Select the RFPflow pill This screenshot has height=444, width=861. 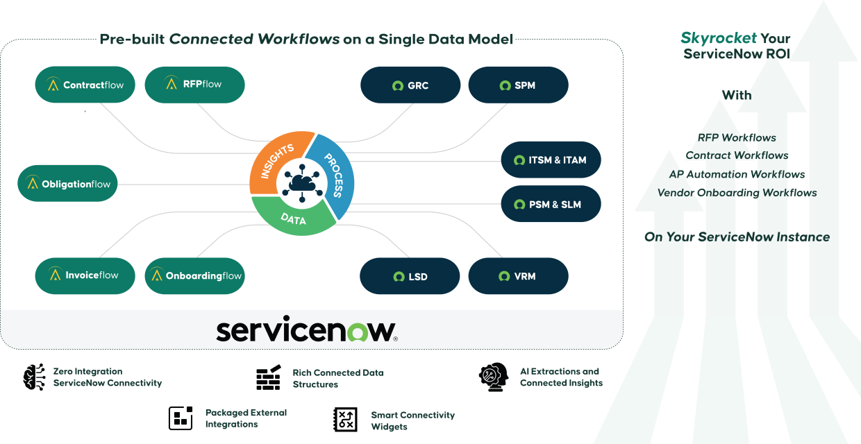point(194,85)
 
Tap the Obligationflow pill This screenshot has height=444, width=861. point(67,184)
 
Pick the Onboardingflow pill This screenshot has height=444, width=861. point(195,275)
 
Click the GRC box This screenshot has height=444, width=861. point(410,86)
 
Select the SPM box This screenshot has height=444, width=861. point(518,86)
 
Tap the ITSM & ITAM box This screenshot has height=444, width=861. point(551,160)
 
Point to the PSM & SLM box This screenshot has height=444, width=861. point(551,205)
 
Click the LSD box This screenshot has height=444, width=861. point(410,276)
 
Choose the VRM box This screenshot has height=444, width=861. point(518,276)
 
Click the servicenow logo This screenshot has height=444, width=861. point(306,331)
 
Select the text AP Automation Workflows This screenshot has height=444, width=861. point(737,175)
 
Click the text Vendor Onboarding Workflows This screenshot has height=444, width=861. point(737,193)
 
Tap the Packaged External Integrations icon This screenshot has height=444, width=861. point(181,418)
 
